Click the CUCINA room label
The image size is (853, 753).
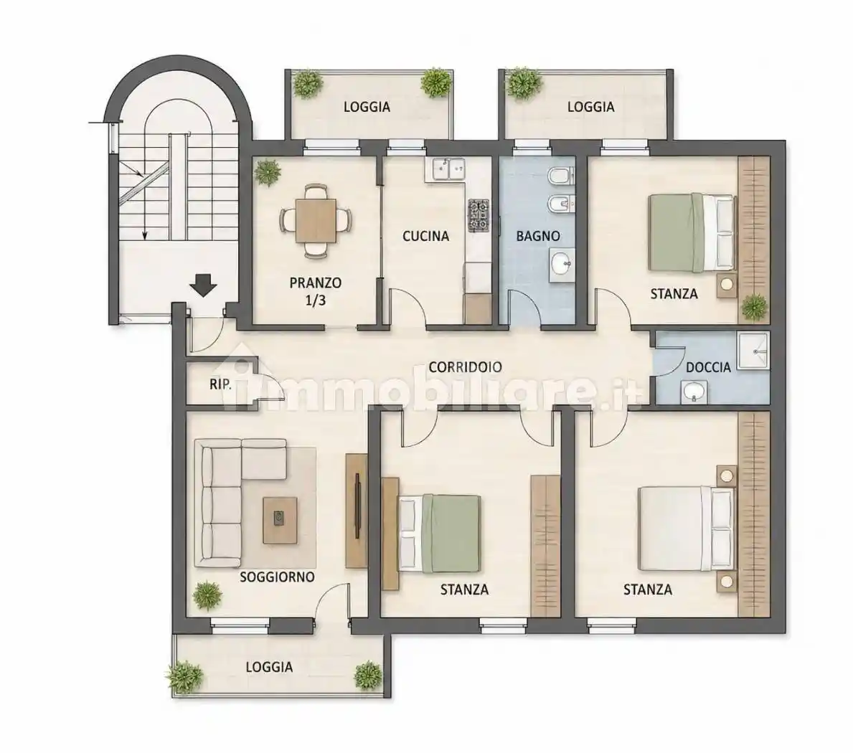[x=425, y=236]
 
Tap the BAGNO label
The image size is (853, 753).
[x=538, y=236]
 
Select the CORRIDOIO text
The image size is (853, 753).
[x=465, y=367]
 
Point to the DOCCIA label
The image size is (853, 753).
[x=708, y=367]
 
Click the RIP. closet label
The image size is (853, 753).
[x=220, y=385]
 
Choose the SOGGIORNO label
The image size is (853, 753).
[x=278, y=577]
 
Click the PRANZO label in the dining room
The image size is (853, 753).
[x=316, y=283]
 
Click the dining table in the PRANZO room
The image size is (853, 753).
[x=316, y=220]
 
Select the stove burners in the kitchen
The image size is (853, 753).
[x=479, y=214]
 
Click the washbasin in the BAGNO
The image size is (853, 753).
[x=561, y=266]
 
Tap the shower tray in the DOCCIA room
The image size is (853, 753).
[x=753, y=351]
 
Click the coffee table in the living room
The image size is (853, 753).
[x=281, y=520]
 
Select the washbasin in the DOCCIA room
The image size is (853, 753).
[x=694, y=392]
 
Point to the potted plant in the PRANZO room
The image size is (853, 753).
[x=268, y=172]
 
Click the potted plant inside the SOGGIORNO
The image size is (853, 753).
[x=207, y=595]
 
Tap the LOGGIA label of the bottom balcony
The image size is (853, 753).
[x=269, y=667]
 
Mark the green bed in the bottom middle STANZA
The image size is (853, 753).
[x=440, y=534]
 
